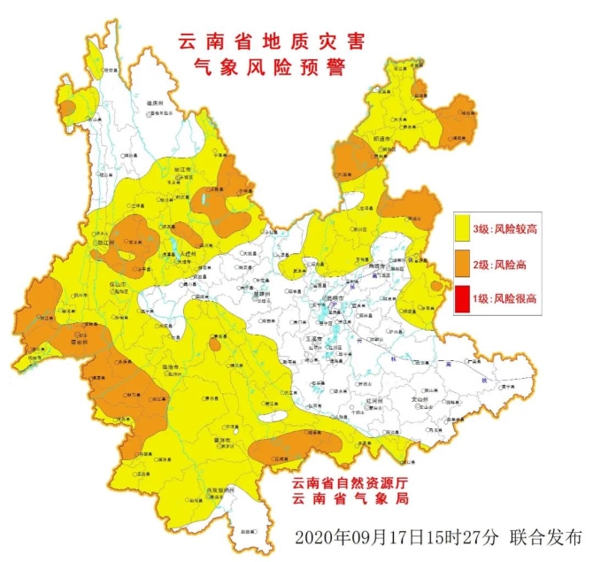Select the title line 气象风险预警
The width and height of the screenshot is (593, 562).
pos(260,67)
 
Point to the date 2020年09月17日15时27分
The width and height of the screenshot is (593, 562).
pos(398,536)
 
